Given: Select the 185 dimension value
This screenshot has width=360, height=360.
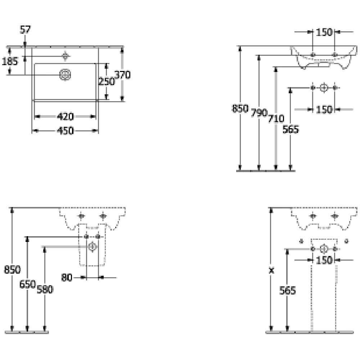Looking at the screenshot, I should coord(10,62).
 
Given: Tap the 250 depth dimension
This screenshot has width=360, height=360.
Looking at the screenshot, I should coord(106,81).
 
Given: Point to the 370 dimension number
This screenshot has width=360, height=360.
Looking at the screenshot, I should coord(122,75).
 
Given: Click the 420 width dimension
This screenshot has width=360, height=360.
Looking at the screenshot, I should coord(65,117).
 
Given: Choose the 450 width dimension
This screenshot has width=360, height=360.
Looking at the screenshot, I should coord(65,131).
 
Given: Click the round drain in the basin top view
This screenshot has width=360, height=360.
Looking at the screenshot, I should coord(65,75).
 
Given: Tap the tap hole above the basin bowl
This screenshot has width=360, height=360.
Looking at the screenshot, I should coord(65,56).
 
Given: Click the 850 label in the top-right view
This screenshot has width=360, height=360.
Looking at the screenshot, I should coord(240,108).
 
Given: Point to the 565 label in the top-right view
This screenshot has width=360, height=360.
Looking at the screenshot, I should coord(291,129).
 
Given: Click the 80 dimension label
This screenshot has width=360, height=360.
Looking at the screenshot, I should coord(67,278).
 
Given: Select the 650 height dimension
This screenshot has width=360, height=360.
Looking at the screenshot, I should coord(27,284).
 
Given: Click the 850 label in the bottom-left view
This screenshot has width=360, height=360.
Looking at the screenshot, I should coord(12,269).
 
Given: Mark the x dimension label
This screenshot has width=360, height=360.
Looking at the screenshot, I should coord(271,270).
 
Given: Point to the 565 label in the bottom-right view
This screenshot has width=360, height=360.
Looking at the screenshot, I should coord(287,290).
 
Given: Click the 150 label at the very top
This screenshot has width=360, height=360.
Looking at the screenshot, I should coord(324,32).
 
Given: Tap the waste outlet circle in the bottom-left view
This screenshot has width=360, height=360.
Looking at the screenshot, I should coord(92,247).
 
